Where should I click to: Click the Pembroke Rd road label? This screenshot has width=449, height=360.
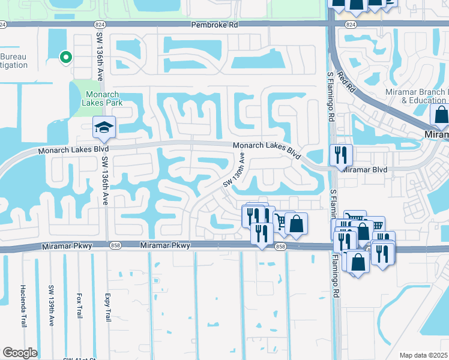click(x=214, y=25)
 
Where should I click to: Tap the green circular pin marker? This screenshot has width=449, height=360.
click(x=66, y=58)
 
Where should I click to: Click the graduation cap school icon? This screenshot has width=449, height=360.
click(x=103, y=127)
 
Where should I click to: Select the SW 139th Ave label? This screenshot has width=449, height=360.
click(x=52, y=305)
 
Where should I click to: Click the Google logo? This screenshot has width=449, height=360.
click(x=20, y=352)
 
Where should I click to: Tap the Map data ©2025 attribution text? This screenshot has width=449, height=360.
click(x=424, y=355)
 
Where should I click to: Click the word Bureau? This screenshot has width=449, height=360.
click(x=13, y=56)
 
